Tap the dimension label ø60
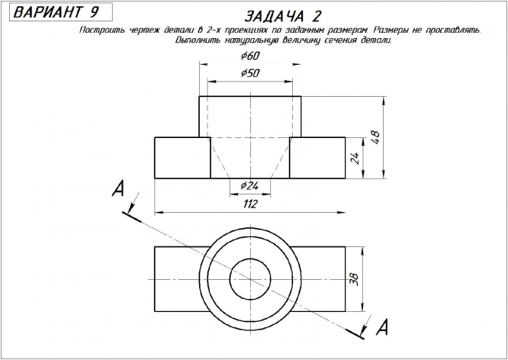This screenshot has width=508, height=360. [249, 56]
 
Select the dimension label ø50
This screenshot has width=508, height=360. [249, 72]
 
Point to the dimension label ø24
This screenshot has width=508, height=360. [249, 186]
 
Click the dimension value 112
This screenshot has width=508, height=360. [249, 204]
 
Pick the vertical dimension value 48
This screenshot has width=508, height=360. [375, 137]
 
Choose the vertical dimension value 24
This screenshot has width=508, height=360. [354, 158]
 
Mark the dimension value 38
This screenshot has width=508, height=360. [353, 278]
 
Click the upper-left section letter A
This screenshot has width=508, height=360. [117, 189]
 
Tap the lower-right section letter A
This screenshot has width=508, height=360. [384, 327]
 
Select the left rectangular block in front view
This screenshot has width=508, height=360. [182, 157]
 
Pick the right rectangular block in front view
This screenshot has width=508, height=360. [317, 157]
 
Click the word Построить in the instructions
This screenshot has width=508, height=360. [101, 30]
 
